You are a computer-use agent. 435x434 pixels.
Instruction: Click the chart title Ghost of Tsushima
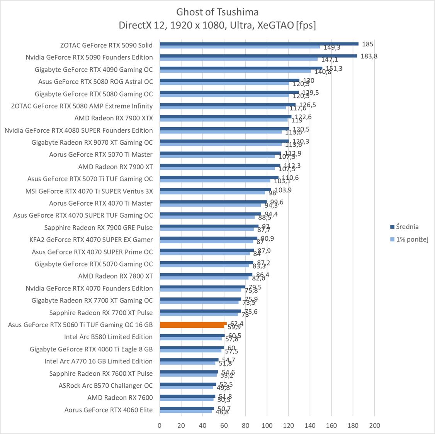(217, 12)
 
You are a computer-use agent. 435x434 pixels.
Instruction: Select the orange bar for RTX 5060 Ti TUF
(193, 325)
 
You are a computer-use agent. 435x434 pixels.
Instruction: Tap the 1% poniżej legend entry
(412, 240)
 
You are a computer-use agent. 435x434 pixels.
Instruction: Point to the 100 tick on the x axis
(267, 426)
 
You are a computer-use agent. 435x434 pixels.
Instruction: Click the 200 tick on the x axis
(374, 426)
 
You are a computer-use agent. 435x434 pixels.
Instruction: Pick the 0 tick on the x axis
(160, 426)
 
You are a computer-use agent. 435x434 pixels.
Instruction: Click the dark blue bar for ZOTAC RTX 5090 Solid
(259, 44)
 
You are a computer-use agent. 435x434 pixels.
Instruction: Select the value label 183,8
(369, 56)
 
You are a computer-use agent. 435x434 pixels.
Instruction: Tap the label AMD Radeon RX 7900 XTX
(114, 118)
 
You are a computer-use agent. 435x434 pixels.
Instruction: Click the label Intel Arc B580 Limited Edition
(108, 337)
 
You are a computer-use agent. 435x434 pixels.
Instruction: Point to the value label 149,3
(331, 48)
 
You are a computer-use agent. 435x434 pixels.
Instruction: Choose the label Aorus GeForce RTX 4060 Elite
(109, 410)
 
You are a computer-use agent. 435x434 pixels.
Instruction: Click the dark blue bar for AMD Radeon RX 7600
(187, 396)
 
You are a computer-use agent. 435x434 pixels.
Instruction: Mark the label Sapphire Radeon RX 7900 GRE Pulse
(99, 228)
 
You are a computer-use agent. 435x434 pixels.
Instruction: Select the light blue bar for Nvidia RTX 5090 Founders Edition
(238, 59)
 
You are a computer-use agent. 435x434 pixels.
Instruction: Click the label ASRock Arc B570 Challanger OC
(105, 385)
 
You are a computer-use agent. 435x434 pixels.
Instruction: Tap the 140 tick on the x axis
(309, 426)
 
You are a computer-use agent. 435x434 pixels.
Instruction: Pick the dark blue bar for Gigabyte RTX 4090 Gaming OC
(241, 68)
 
